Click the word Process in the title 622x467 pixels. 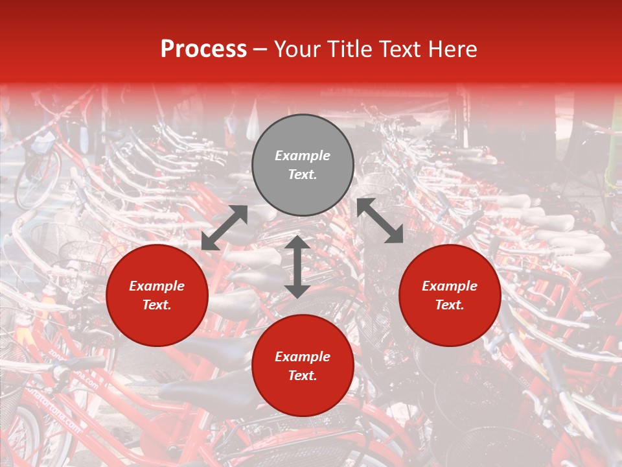[x=203, y=49]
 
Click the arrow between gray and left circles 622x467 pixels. [x=224, y=228]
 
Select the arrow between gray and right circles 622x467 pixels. [x=380, y=221]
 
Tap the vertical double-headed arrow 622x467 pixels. [x=297, y=267]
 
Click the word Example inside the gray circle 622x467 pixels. [x=303, y=156]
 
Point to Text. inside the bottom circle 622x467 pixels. [x=303, y=376]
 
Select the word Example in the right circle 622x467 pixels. [x=450, y=286]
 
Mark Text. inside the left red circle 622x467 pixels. [x=157, y=305]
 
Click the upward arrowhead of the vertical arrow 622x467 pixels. [x=297, y=243]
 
